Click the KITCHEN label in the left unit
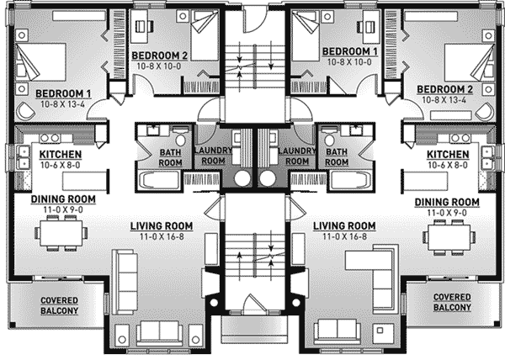[x=61, y=155]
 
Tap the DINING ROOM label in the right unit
[x=447, y=202]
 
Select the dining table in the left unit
[x=61, y=233]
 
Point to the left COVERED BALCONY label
[x=59, y=305]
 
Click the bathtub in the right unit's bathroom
[x=350, y=181]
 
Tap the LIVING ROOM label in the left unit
[x=162, y=226]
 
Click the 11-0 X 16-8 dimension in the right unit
[x=344, y=237]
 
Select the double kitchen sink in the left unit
[x=24, y=158]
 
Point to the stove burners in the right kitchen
[x=460, y=138]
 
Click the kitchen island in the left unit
[x=84, y=182]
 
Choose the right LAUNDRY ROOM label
[x=297, y=156]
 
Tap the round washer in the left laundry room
[x=242, y=178]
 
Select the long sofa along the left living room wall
[x=125, y=282]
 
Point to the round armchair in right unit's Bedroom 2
[x=486, y=112]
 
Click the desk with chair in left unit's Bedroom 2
[x=141, y=26]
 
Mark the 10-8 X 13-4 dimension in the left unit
[x=63, y=104]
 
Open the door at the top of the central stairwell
[x=254, y=19]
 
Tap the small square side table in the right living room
[x=380, y=330]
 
